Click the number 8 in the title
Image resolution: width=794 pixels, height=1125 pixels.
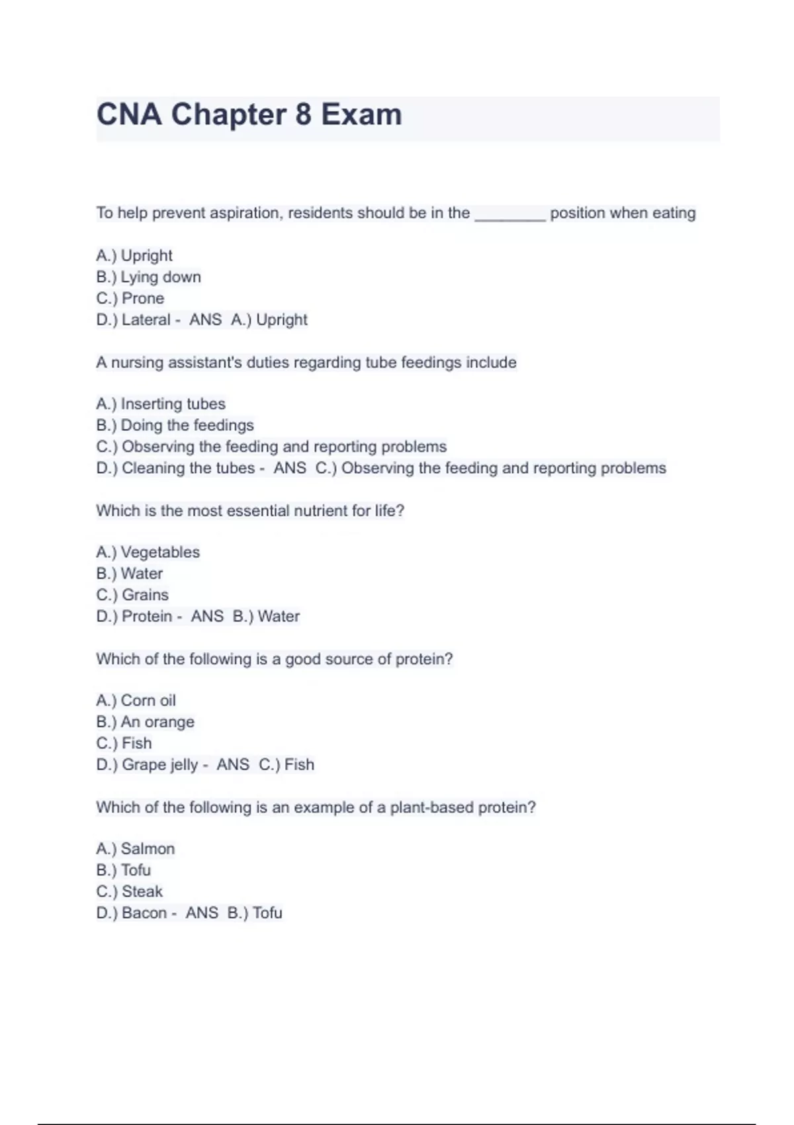[x=303, y=114]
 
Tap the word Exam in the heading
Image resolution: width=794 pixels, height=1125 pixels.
[x=361, y=114]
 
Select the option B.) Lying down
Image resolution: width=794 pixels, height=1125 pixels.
[x=148, y=277]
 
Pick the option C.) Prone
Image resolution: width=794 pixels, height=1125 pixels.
[x=130, y=298]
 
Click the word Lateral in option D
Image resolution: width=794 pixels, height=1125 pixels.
[x=146, y=320]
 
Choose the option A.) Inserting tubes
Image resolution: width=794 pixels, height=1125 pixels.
[x=160, y=404]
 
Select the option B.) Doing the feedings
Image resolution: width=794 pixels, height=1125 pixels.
[x=175, y=426]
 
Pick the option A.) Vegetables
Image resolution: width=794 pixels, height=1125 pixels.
[x=148, y=552]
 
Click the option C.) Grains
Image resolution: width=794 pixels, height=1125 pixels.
[x=132, y=595]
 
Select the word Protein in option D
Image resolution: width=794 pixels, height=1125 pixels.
[x=147, y=616]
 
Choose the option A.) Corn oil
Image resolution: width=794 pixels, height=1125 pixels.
[x=136, y=700]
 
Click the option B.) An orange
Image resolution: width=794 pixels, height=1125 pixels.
[x=145, y=722]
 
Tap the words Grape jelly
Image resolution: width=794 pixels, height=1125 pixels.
[x=159, y=765]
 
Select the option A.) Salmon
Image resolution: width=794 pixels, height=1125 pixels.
[x=135, y=848]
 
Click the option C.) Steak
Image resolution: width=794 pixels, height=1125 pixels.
[x=129, y=891]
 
